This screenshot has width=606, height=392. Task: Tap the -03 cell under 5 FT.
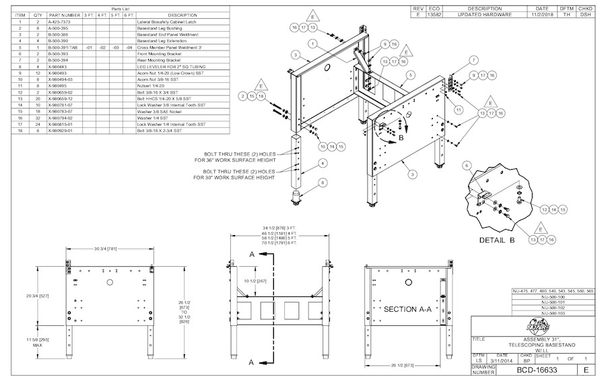[115, 48]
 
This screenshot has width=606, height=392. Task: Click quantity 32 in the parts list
[38, 118]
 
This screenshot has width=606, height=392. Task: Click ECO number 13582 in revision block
[435, 14]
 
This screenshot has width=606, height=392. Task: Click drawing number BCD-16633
[536, 370]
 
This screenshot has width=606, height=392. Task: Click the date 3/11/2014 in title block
[502, 360]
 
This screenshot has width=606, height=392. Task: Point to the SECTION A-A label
[407, 309]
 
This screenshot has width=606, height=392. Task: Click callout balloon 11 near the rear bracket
[459, 109]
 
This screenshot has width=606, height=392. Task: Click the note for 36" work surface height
[234, 157]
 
